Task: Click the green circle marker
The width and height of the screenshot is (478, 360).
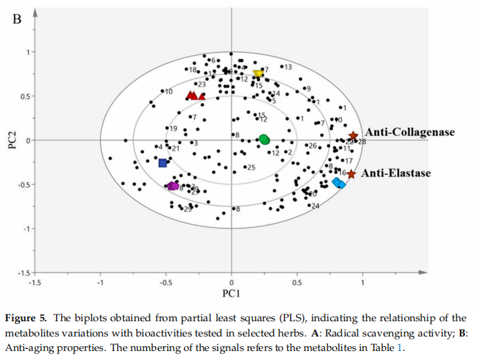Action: click(x=264, y=139)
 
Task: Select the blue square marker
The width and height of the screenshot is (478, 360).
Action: click(x=163, y=163)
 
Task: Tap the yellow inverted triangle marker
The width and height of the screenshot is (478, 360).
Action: click(x=258, y=74)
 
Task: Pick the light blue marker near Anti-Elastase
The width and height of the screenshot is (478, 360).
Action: click(x=339, y=183)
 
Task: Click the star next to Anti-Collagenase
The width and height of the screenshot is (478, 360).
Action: click(x=353, y=136)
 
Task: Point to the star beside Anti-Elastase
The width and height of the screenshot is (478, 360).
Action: click(x=351, y=174)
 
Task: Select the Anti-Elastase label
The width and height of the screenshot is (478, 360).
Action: click(x=396, y=173)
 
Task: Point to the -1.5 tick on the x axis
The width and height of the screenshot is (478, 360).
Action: click(x=35, y=282)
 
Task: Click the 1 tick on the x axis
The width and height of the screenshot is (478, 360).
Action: click(x=362, y=282)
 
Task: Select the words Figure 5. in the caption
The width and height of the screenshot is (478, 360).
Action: click(x=26, y=318)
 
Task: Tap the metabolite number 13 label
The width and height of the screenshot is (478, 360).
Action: click(x=288, y=67)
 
